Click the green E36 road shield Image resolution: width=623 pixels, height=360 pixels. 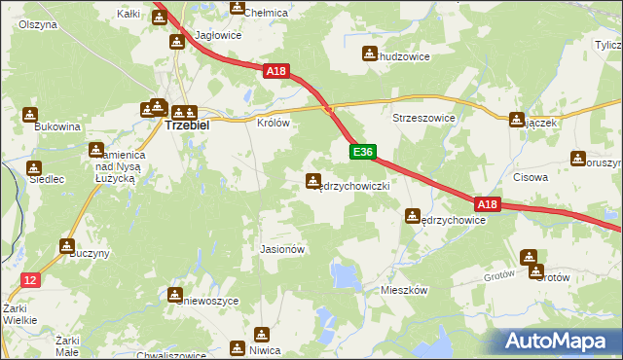pyautogui.click(x=362, y=152)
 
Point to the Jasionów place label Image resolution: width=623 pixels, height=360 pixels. pyautogui.click(x=283, y=249)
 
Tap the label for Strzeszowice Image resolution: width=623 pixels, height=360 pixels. pyautogui.click(x=423, y=117)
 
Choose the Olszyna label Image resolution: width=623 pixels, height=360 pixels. pyautogui.click(x=36, y=23)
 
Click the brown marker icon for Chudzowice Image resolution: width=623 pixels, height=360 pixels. pyautogui.click(x=369, y=54)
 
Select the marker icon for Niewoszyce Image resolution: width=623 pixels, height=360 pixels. pyautogui.click(x=175, y=294)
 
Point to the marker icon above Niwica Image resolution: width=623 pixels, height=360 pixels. pyautogui.click(x=237, y=347)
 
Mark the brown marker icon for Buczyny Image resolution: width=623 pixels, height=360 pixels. pyautogui.click(x=67, y=246)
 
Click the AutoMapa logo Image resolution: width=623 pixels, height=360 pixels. pyautogui.click(x=559, y=341)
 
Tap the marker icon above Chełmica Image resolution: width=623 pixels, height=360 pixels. pyautogui.click(x=237, y=7)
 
